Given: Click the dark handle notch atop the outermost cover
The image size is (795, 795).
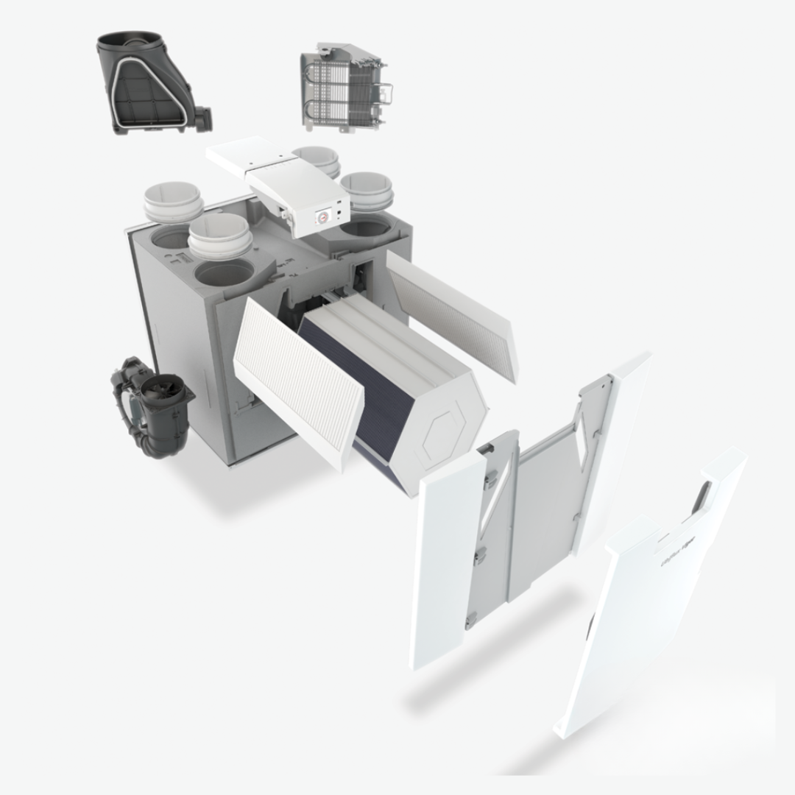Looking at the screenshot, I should coord(704,493).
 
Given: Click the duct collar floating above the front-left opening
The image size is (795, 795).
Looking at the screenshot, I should coord(219,237).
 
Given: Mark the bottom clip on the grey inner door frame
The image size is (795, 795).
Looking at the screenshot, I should coord(470,620).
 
